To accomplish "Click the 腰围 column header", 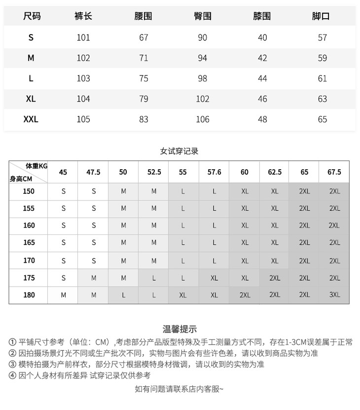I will tap(143, 16).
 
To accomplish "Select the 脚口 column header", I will tap(321, 16).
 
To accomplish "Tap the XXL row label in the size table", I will tap(31, 119).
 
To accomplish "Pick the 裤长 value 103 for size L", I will tap(83, 78).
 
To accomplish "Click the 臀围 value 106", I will tap(202, 119).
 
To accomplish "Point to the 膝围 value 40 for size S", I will tap(262, 37).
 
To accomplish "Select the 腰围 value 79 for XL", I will tap(144, 99).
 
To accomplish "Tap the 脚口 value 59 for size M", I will tap(322, 58).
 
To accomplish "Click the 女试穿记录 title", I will tap(180, 151).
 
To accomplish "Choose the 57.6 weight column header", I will tap(214, 172).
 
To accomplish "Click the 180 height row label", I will tap(29, 295).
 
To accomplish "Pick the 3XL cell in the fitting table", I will tap(334, 295).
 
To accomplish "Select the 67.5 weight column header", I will tap(334, 172).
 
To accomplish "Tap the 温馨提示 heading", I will tap(180, 329).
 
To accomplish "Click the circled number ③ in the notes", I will tap(12, 365).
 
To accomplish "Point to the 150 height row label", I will tap(29, 191).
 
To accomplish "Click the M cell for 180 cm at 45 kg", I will tap(63, 295).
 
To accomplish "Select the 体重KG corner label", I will tap(36, 167).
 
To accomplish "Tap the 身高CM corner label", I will tap(21, 179).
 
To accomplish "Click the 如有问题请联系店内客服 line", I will tap(180, 389).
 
